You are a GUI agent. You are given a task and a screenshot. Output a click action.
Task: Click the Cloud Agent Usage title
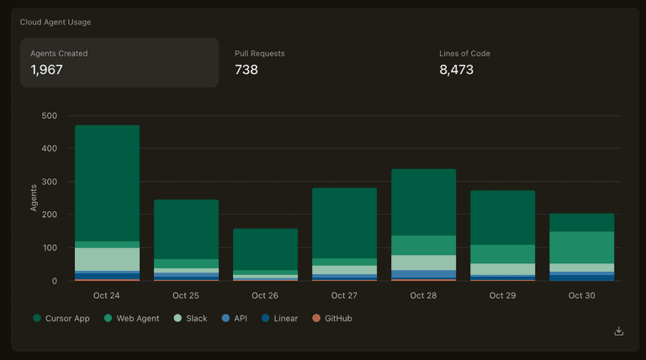[56, 22]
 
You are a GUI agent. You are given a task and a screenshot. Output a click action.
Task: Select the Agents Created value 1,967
[46, 70]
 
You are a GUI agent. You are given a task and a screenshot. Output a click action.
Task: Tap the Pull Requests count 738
[246, 70]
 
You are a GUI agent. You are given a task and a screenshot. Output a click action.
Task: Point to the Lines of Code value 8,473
[457, 70]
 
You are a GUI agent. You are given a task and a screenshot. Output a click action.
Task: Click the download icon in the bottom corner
[619, 331]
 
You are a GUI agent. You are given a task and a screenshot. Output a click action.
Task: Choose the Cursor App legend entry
[64, 319]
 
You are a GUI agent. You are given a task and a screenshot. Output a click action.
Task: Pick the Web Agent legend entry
[135, 319]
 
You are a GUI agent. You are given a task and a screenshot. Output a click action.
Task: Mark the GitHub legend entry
[336, 319]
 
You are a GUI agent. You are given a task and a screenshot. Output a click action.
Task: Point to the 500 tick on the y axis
[49, 116]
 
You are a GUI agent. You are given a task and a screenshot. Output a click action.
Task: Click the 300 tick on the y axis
[49, 182]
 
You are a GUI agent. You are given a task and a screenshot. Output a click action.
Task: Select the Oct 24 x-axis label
[107, 296]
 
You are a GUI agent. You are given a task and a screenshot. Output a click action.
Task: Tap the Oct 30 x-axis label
[581, 296]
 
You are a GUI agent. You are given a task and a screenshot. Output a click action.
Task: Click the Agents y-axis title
[34, 198]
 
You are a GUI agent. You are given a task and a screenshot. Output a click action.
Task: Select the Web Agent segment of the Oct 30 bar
[581, 247]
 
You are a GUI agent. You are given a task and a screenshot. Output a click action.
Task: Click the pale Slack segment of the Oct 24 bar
[107, 259]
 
